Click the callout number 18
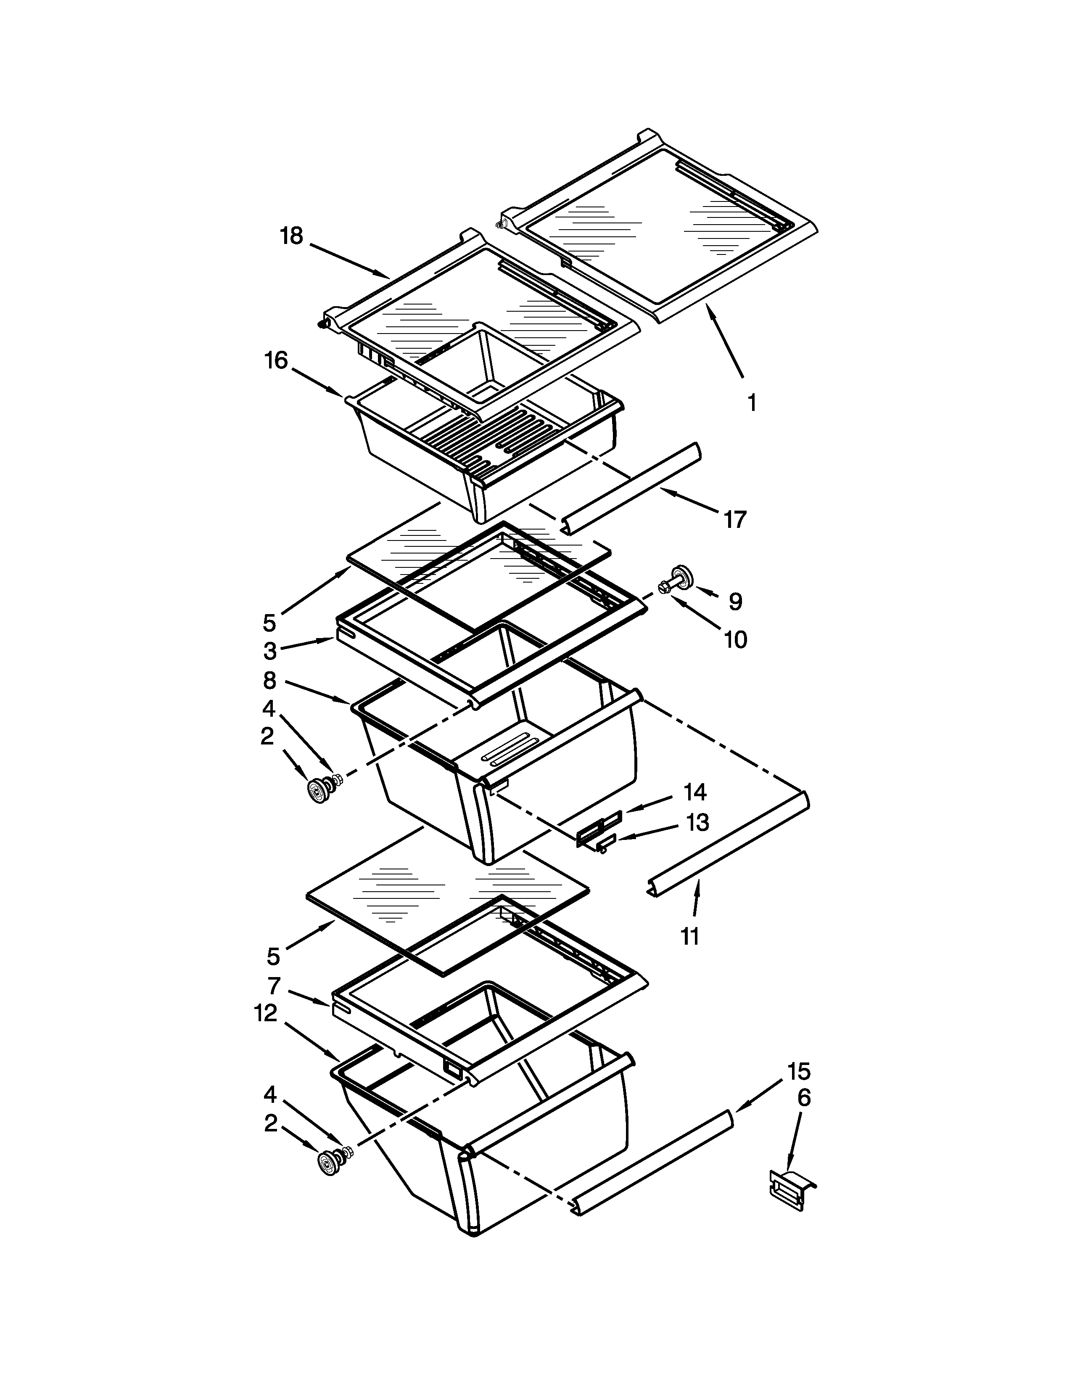pos(291,236)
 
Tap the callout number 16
pos(276,360)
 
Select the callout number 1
pos(751,402)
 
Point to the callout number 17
pos(735,519)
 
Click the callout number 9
pos(735,601)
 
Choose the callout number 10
pos(735,639)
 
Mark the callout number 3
pos(270,651)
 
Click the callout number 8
pos(270,681)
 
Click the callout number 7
pos(274,986)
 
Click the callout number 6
pos(803,1097)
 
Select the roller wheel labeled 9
pos(681,575)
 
